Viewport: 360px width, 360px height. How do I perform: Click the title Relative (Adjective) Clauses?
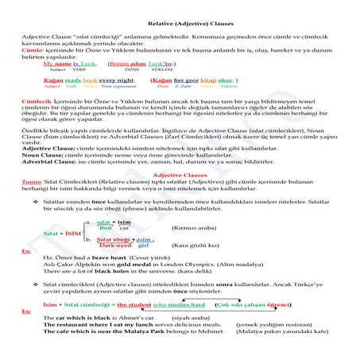pyautogui.click(x=179, y=25)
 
